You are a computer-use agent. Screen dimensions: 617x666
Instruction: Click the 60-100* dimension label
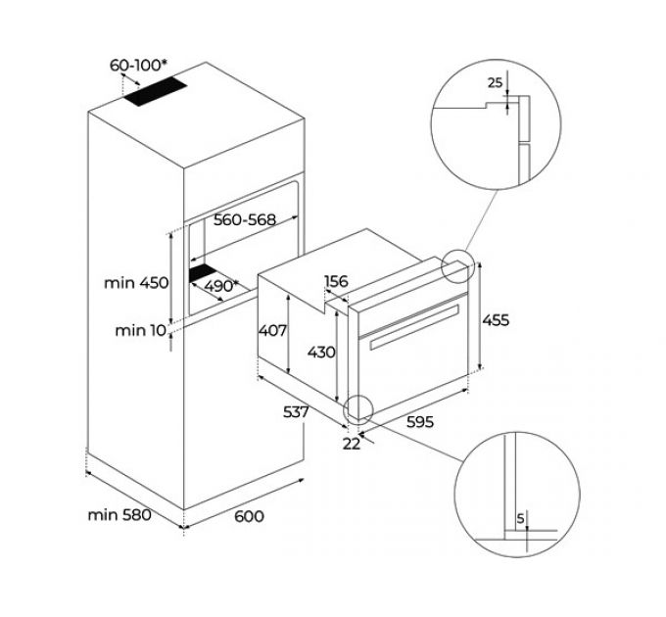(137, 66)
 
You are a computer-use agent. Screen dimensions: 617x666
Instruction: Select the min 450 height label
(136, 283)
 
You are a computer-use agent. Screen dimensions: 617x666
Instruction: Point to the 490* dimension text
(221, 286)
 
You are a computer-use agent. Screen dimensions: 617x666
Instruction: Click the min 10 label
(141, 330)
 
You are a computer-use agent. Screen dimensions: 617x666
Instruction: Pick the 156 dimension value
(336, 282)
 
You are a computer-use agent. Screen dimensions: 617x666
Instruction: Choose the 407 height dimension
(273, 331)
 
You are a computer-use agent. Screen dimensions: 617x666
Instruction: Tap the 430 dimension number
(320, 352)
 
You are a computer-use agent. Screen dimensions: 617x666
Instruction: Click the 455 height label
(497, 319)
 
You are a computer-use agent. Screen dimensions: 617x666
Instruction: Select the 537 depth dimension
(295, 412)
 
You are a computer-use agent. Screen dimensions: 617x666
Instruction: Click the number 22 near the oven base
(353, 443)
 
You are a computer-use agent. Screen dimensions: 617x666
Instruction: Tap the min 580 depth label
(119, 514)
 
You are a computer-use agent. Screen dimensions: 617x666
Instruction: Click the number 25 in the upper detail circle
(495, 83)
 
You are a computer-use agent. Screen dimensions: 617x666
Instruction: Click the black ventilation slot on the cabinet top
(155, 94)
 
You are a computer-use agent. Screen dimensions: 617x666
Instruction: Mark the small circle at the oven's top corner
(458, 266)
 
